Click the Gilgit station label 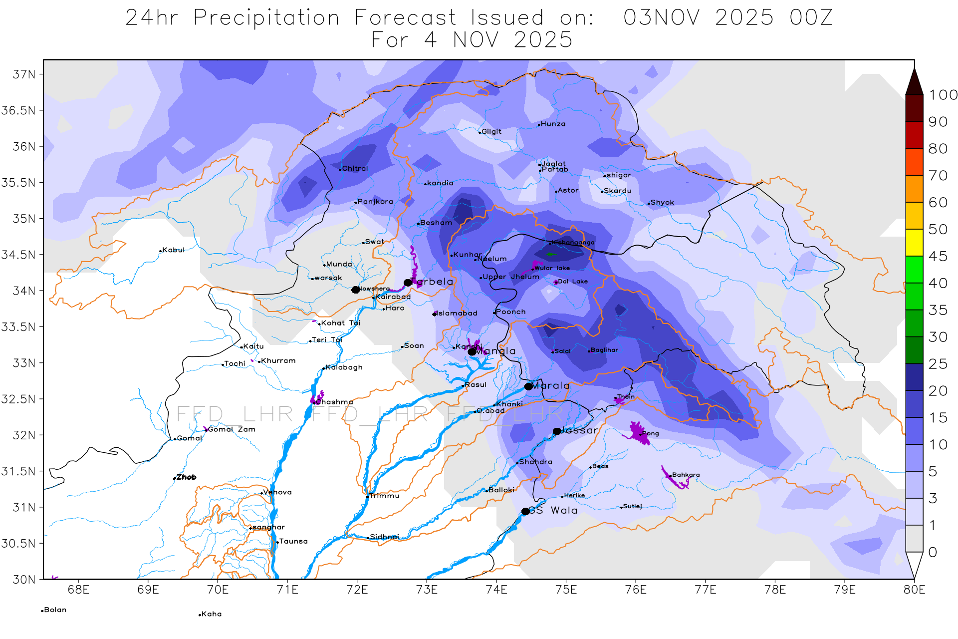pyautogui.click(x=491, y=132)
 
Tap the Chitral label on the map pyautogui.click(x=355, y=169)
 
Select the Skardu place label pyautogui.click(x=618, y=191)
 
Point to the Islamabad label pyautogui.click(x=457, y=314)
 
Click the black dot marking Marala pyautogui.click(x=528, y=386)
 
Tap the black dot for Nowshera pyautogui.click(x=355, y=290)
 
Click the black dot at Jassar pyautogui.click(x=557, y=431)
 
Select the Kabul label pyautogui.click(x=173, y=250)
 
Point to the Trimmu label pyautogui.click(x=384, y=496)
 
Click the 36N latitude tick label pyautogui.click(x=24, y=147)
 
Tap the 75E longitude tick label pyautogui.click(x=566, y=590)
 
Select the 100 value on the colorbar pyautogui.click(x=943, y=95)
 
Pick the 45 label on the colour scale pyautogui.click(x=938, y=257)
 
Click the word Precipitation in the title pyautogui.click(x=266, y=18)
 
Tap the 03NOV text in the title pyautogui.click(x=662, y=18)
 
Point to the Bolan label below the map pyautogui.click(x=55, y=610)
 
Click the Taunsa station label pyautogui.click(x=293, y=541)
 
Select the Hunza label pyautogui.click(x=553, y=124)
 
